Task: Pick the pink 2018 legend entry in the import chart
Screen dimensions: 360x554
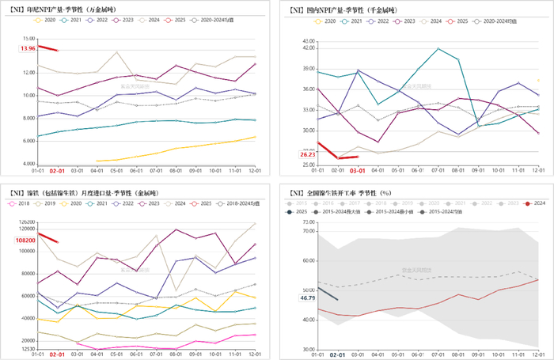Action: [x=20, y=204]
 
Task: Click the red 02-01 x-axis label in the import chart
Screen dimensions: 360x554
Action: [x=58, y=355]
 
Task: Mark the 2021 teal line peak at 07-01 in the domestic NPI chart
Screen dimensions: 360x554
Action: [x=438, y=48]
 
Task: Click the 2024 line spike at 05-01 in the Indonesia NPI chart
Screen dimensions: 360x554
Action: [x=117, y=52]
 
